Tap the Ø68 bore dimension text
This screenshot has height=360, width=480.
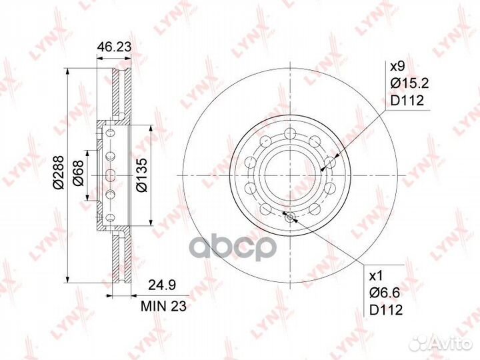coord(78,175)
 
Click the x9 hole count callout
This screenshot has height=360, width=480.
coord(398,67)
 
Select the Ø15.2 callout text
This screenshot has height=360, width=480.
coord(407,83)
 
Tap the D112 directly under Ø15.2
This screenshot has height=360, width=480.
coord(406,101)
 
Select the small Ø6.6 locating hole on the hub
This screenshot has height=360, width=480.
coord(289,216)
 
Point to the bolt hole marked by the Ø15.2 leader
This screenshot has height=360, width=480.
coord(329,163)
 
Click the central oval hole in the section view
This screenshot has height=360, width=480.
coord(110,175)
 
